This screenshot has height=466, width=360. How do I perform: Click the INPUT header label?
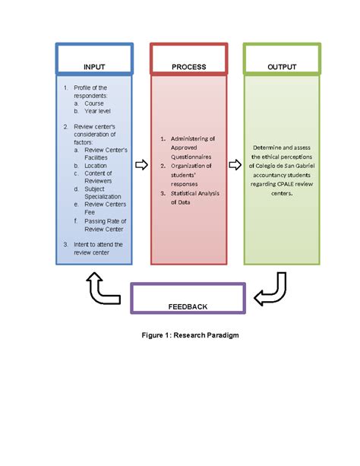point(94,67)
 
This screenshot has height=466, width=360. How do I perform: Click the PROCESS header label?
point(188,67)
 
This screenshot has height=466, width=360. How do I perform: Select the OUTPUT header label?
point(282,67)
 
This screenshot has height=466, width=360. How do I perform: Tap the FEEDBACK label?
point(188,306)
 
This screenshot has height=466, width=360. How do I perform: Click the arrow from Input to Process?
point(141,164)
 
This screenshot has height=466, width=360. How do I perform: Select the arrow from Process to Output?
point(235,164)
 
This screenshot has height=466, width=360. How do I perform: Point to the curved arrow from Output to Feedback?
point(273,290)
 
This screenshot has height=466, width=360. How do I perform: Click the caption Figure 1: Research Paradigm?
point(187,334)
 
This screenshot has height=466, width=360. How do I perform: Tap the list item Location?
point(96,164)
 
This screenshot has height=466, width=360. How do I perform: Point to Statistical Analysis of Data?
point(192,198)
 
